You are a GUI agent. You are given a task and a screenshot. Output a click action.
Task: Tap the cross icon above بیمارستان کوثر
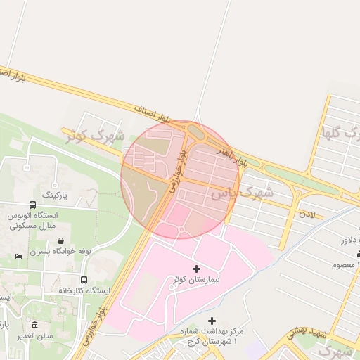pos(196,269)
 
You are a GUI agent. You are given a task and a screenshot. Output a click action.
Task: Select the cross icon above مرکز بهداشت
pos(213,321)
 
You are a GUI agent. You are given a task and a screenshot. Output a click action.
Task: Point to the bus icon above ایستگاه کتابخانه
pos(84,280)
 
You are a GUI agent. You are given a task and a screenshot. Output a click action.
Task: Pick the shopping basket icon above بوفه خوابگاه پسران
pos(62,240)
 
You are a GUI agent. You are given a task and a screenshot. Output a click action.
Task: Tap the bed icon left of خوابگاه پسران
pos(18,255)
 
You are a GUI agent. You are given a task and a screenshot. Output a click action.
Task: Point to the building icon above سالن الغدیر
pos(35,324)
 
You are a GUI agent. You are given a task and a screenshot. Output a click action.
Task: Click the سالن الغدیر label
pos(35,335)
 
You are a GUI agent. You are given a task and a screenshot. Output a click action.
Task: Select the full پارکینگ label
pos(56,193)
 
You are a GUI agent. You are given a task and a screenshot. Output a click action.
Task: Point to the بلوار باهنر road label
pos(232,157)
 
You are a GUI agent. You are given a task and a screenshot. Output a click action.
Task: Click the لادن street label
pos(308,212)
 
